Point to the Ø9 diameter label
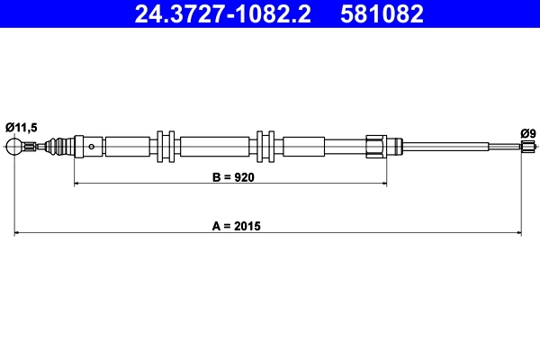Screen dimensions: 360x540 (528, 133)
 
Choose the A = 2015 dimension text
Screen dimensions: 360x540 (236, 226)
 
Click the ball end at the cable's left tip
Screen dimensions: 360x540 (14, 146)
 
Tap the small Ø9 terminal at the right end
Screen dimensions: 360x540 (528, 146)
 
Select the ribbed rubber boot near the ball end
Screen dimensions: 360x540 (60, 146)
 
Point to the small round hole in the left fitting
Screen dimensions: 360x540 (92, 146)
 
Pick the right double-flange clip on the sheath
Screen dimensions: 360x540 (265, 146)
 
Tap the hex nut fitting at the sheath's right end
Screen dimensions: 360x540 (378, 146)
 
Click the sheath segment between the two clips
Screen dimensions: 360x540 (214, 146)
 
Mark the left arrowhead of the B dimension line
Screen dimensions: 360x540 (76, 184)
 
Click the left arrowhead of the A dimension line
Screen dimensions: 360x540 (17, 234)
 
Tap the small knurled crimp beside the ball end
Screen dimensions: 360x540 (32, 147)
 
